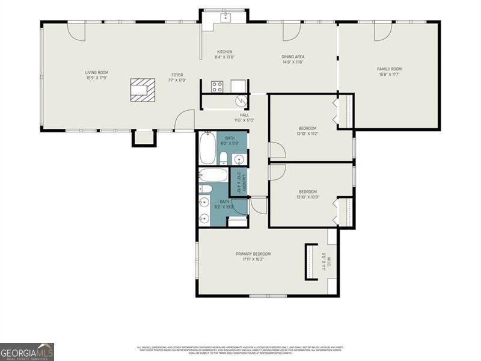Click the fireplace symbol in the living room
pyautogui.click(x=142, y=89)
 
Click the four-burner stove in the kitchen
pyautogui.click(x=217, y=86)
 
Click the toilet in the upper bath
pyautogui.click(x=223, y=158)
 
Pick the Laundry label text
pyautogui.click(x=239, y=182)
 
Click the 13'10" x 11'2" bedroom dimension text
pyautogui.click(x=307, y=134)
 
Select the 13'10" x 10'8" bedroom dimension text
pyautogui.click(x=307, y=197)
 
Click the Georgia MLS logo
pyautogui.click(x=27, y=351)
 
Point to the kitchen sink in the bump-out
pyautogui.click(x=226, y=16)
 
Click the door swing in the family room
pyautogui.click(x=382, y=32)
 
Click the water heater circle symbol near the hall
pyautogui.click(x=240, y=101)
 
